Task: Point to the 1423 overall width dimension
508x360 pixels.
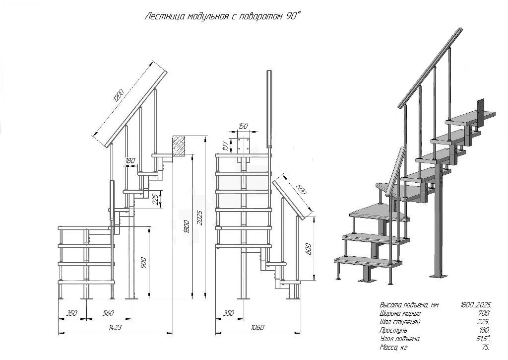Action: point(116,327)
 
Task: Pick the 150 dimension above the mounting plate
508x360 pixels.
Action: point(243,126)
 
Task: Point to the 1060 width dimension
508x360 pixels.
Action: point(258,327)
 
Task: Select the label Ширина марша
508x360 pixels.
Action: point(400,313)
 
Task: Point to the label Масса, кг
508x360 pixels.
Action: point(394,347)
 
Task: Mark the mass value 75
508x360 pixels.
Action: point(486,347)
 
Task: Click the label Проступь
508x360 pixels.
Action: point(393,330)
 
